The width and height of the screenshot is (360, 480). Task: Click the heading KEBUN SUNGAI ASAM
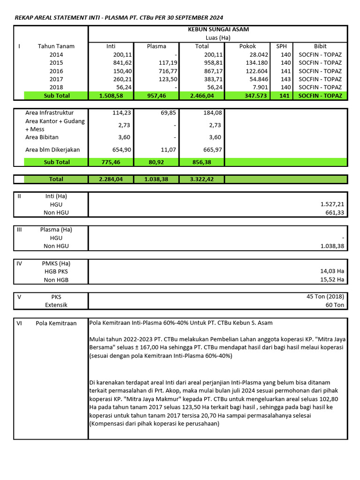pyautogui.click(x=218, y=29)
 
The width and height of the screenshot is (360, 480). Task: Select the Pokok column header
pyautogui.click(x=247, y=46)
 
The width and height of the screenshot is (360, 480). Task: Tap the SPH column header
pyautogui.click(x=281, y=46)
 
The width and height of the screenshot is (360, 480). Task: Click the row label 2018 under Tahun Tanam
pyautogui.click(x=56, y=87)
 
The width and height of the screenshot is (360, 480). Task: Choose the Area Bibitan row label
pyautogui.click(x=45, y=137)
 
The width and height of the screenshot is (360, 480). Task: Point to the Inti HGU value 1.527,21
pyautogui.click(x=332, y=204)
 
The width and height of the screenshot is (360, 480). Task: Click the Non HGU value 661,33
pyautogui.click(x=335, y=213)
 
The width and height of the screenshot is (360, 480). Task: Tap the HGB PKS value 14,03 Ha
pyautogui.click(x=331, y=271)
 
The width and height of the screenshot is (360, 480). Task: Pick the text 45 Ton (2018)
pyautogui.click(x=325, y=297)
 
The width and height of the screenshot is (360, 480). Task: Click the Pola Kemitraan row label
pyautogui.click(x=56, y=323)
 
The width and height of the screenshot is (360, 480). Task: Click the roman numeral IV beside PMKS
pyautogui.click(x=19, y=263)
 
